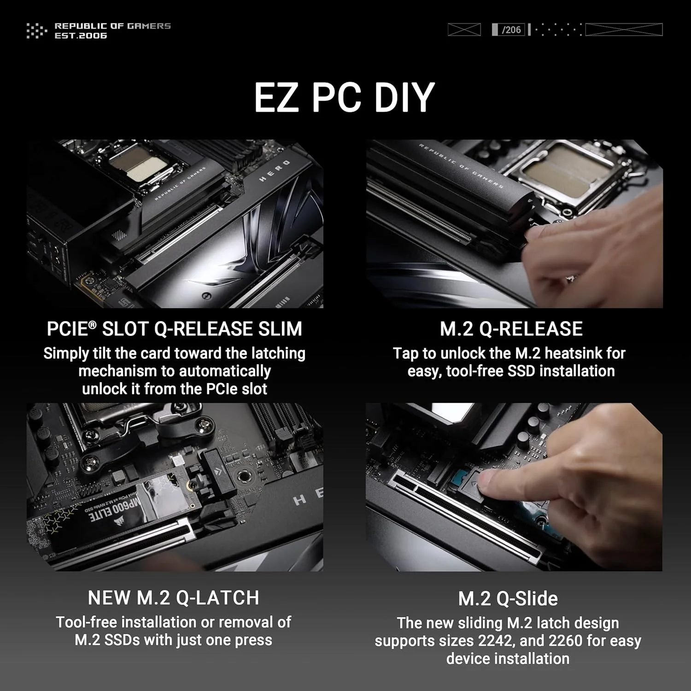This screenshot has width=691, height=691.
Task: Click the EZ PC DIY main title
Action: click(345, 97)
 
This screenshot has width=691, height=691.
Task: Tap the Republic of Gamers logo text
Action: click(112, 30)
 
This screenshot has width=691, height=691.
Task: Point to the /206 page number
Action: click(511, 30)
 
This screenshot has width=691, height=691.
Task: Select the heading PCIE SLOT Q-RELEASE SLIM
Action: click(174, 329)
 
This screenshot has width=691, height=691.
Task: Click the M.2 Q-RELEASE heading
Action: click(511, 329)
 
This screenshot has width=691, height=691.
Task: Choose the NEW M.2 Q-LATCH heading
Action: click(173, 598)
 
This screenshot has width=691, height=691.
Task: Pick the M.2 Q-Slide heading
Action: click(508, 599)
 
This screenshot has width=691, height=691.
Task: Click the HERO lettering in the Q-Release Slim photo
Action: click(275, 170)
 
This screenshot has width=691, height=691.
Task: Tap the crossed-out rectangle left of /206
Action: click(464, 30)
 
